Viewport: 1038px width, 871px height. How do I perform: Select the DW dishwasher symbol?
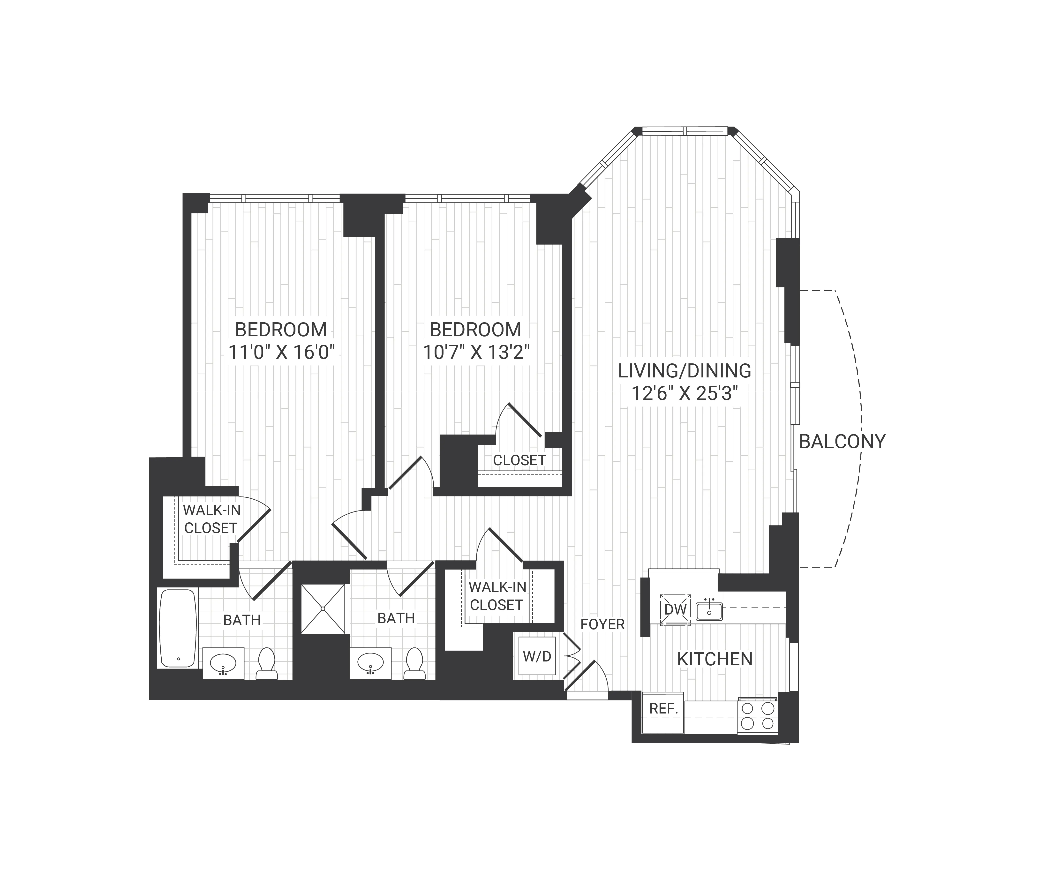(x=675, y=609)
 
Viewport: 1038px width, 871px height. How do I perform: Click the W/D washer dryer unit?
(x=537, y=656)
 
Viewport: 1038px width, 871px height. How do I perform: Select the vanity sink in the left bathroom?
(x=223, y=662)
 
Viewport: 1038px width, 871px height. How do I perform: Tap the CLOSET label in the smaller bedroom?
(x=519, y=460)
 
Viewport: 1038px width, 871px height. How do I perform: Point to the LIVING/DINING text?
(x=684, y=371)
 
